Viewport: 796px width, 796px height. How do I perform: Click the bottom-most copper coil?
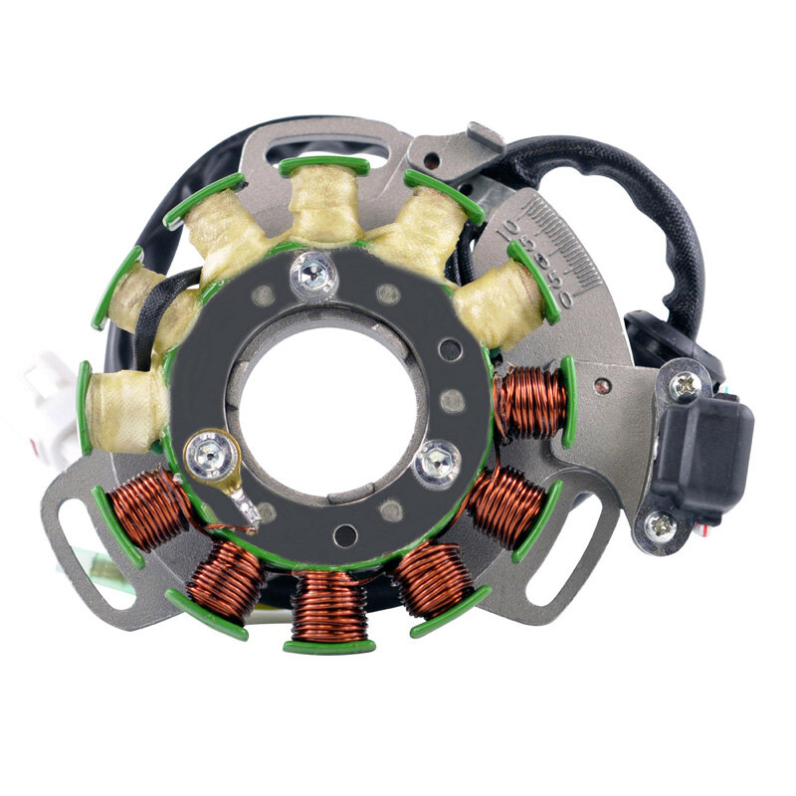click(x=329, y=607)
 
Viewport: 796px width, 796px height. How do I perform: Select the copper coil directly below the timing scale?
click(x=531, y=402)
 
